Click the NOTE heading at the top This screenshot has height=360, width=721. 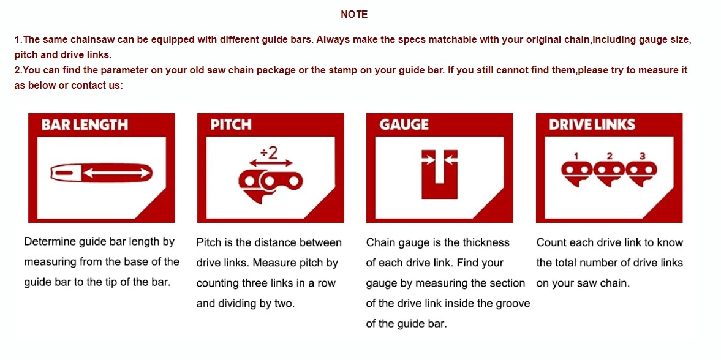point(354,15)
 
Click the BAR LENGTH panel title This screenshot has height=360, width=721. point(85,125)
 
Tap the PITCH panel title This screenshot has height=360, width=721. point(231,125)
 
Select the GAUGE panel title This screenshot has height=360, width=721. point(404,125)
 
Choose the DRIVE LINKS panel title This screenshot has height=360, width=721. point(592,125)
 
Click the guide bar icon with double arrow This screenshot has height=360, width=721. point(101,173)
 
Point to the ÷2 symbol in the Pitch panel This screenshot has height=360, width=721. point(269,153)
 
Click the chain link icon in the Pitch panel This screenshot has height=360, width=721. point(271,186)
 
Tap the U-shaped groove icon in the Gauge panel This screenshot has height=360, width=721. point(439,174)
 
